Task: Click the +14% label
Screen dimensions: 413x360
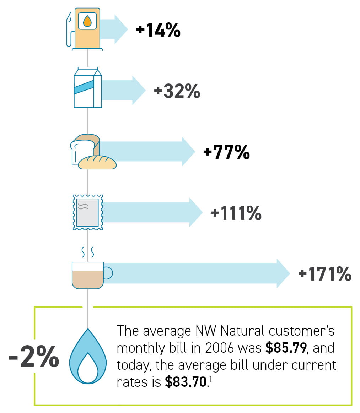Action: point(158,30)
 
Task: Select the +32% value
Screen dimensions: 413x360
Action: point(177,91)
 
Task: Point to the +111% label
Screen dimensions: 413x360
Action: point(236,213)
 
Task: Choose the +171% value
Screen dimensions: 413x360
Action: point(325,274)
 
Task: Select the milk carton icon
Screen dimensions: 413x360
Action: point(88,87)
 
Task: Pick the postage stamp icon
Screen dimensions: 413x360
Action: point(87,212)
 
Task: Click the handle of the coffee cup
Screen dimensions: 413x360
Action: point(108,273)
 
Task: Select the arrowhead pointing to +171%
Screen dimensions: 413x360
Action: point(283,273)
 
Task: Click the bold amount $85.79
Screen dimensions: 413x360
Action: point(286,348)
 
